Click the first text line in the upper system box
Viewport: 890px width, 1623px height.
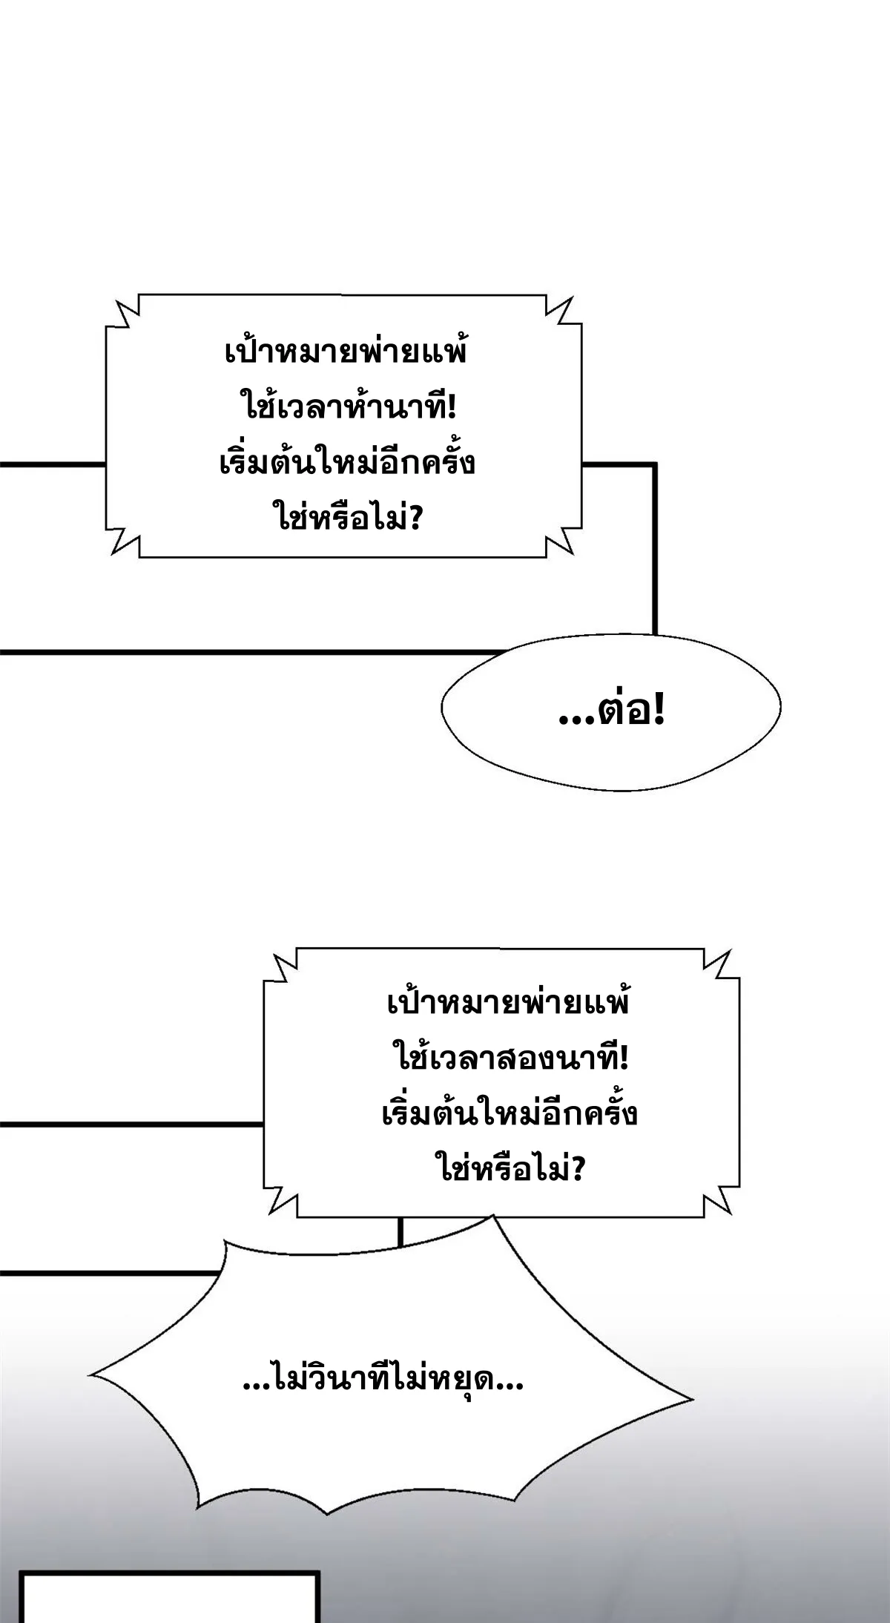[x=346, y=352]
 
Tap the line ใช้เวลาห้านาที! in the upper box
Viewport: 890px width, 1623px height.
[x=348, y=406]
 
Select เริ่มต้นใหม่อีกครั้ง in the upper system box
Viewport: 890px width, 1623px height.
[x=348, y=463]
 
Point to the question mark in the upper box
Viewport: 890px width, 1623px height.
[x=415, y=518]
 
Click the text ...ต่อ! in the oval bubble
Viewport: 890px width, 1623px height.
[x=611, y=712]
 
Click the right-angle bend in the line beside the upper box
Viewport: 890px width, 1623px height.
[x=655, y=464]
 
